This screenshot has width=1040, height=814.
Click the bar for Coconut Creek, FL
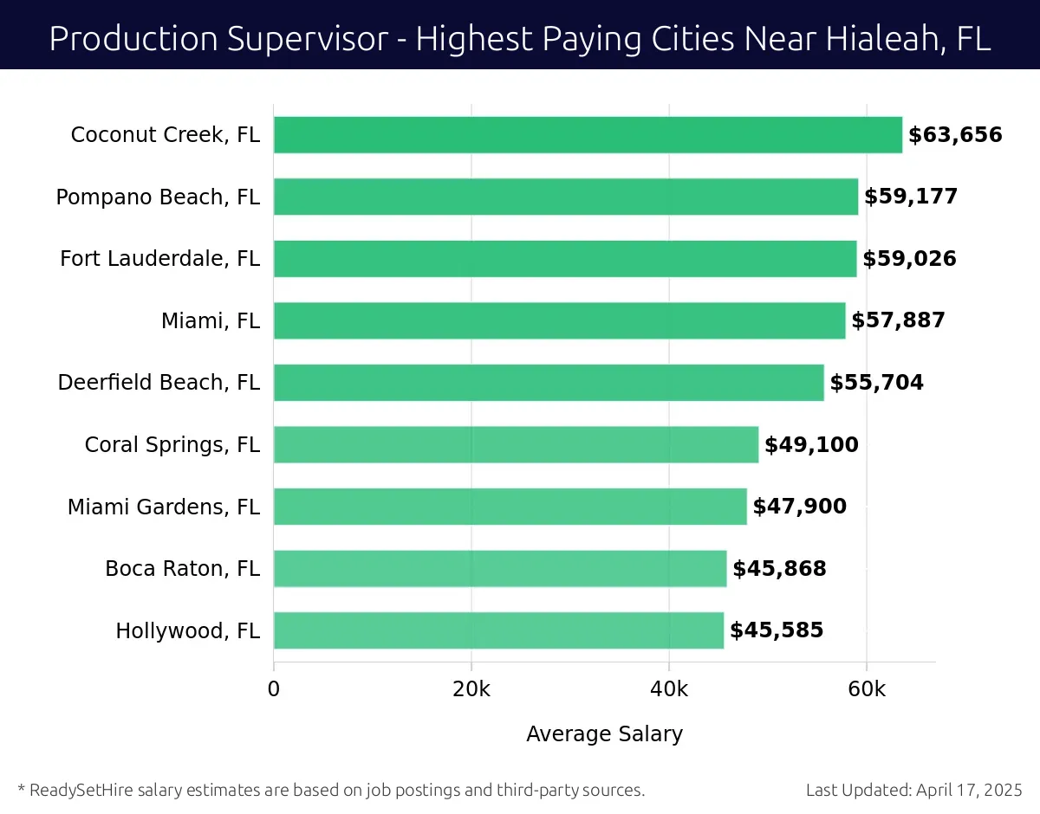click(x=588, y=135)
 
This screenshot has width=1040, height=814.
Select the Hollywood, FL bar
click(x=498, y=630)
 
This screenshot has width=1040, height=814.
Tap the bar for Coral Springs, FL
click(x=516, y=444)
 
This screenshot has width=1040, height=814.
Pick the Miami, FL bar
click(x=559, y=320)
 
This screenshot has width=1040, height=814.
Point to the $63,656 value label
click(x=955, y=135)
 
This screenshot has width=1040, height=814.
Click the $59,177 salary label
click(x=911, y=197)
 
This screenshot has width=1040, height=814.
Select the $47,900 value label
click(x=799, y=507)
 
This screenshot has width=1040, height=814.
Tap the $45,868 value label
click(x=779, y=569)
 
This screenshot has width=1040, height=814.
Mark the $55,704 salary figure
click(x=876, y=383)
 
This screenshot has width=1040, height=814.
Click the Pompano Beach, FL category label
click(x=158, y=197)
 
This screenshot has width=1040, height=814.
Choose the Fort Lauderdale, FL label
click(x=159, y=259)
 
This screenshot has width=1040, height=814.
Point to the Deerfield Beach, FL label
click(x=159, y=383)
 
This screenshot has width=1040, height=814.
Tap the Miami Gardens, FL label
click(x=164, y=507)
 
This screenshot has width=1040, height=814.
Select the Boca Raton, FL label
click(x=182, y=569)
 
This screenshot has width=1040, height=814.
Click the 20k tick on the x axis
click(x=471, y=689)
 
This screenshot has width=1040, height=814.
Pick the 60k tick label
click(x=867, y=689)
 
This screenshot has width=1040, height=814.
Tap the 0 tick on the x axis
click(x=274, y=689)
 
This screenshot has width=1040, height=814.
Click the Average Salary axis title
click(x=604, y=734)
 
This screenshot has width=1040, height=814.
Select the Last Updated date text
click(x=913, y=790)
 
